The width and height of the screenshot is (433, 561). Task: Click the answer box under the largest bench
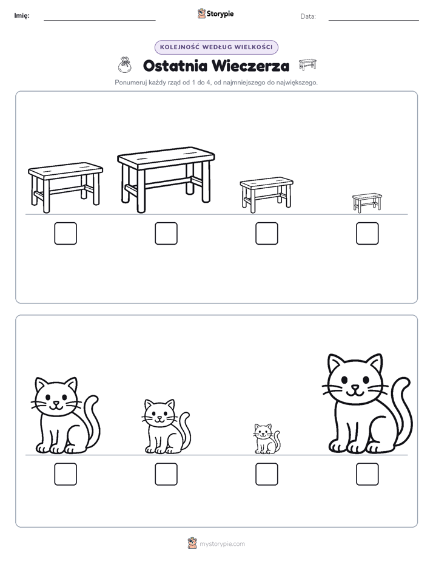(x=166, y=233)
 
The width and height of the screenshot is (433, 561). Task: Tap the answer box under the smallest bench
(x=368, y=233)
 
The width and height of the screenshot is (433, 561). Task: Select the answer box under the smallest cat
(x=267, y=474)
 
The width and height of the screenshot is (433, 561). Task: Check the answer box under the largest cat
(x=368, y=474)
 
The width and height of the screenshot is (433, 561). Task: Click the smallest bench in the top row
(x=367, y=203)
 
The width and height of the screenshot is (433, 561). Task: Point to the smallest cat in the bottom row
(x=267, y=439)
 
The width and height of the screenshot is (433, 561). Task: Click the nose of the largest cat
(x=354, y=387)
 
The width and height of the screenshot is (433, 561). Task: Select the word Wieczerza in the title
(x=250, y=66)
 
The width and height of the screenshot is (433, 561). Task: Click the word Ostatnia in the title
(x=175, y=66)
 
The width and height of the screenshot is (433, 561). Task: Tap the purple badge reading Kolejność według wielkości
(x=216, y=47)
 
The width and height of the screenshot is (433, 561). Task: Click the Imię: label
(x=22, y=16)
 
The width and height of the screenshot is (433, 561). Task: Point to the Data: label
(x=308, y=16)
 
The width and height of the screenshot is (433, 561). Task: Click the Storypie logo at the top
(x=215, y=14)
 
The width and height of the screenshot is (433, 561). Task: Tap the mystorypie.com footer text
(x=222, y=544)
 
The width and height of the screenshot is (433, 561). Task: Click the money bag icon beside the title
(x=125, y=65)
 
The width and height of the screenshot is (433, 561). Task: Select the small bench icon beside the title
(x=307, y=64)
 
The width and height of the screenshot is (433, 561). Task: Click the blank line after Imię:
(x=99, y=21)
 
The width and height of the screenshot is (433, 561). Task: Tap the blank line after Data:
(x=374, y=21)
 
